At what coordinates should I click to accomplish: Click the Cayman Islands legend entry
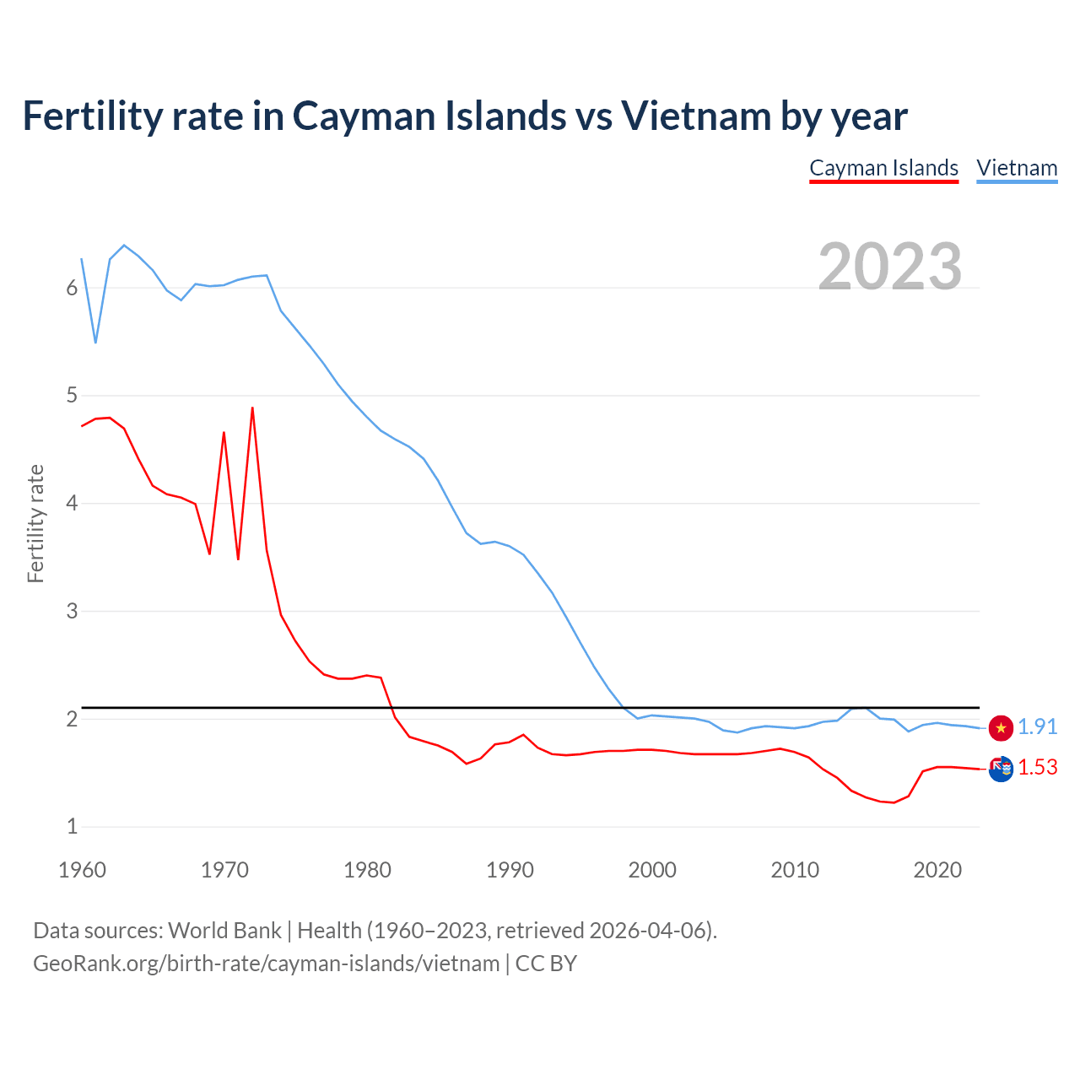883,169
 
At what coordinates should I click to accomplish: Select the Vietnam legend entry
1017,169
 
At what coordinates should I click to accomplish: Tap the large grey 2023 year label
889,267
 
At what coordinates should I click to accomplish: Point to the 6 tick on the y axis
72,289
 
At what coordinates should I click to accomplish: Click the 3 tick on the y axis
72,611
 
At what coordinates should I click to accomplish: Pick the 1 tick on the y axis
72,827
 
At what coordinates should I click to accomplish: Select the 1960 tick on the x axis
82,870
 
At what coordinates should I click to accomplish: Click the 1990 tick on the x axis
510,870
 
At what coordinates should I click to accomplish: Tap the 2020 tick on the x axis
937,870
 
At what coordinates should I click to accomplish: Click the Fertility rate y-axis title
35,523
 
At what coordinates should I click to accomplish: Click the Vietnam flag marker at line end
1001,727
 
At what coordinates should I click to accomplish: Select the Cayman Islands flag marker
1001,769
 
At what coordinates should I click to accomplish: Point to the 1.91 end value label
1037,727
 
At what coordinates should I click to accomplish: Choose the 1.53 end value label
1037,768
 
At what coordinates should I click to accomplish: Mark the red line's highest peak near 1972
252,408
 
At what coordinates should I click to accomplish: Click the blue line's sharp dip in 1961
95,342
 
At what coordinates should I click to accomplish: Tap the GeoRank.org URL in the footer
266,964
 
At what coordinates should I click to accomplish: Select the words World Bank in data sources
224,931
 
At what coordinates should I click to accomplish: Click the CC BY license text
546,964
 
